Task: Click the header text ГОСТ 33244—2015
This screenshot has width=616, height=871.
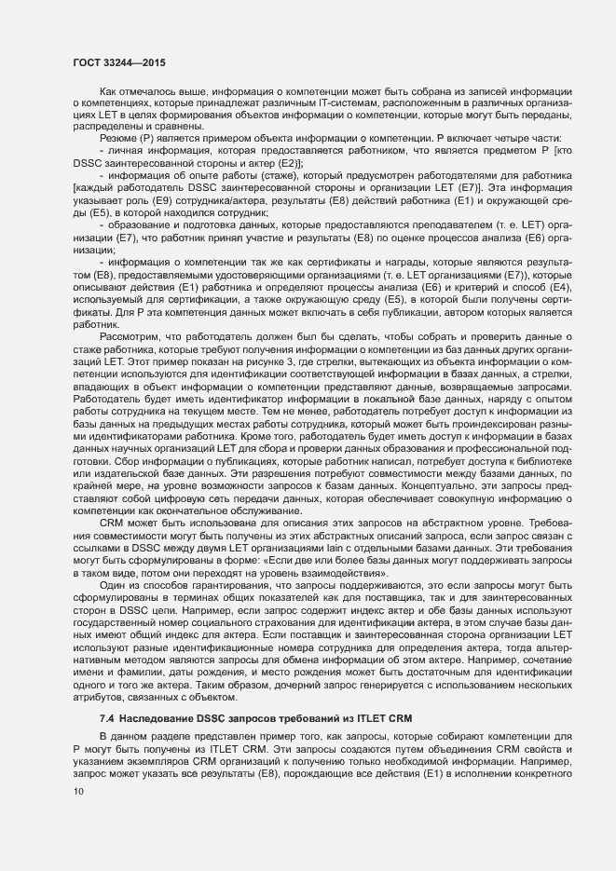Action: click(115, 61)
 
